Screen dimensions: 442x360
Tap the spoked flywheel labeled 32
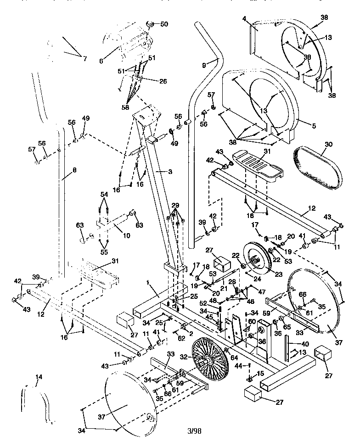(209, 358)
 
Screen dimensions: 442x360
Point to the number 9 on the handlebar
(204, 66)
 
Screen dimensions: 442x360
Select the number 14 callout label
(39, 377)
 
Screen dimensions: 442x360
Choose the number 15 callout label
(261, 374)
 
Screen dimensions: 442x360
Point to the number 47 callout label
(262, 291)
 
